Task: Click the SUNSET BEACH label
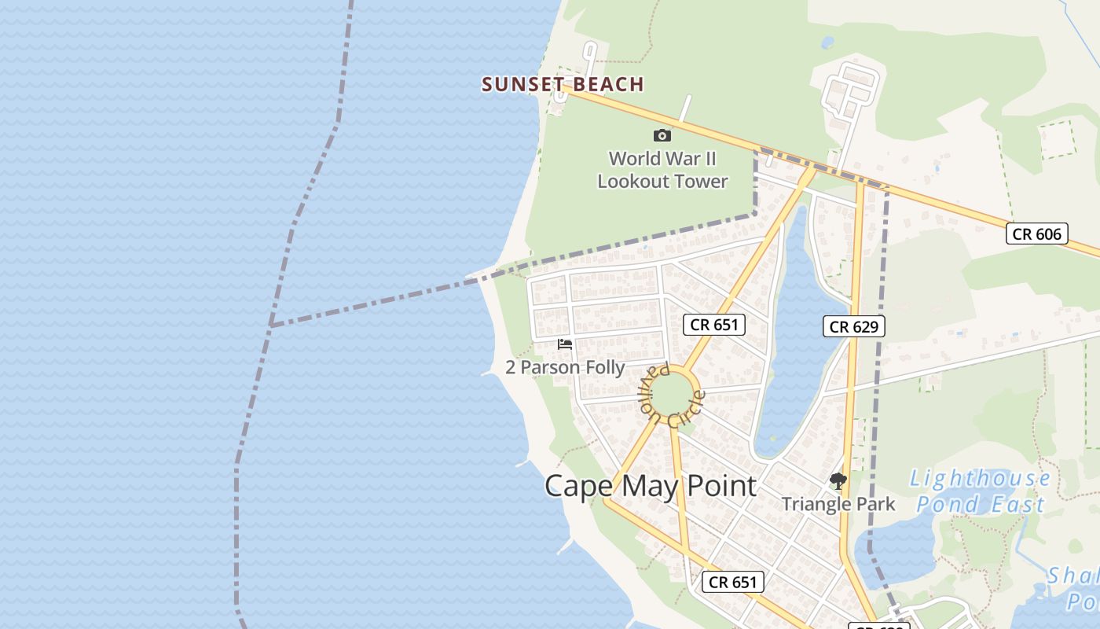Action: [563, 84]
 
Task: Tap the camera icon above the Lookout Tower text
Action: [662, 135]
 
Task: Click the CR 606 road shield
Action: [1036, 234]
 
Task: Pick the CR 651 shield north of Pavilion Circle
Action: [713, 324]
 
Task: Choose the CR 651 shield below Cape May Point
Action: [732, 582]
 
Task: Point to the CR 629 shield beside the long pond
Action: [854, 326]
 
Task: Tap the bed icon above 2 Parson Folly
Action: [565, 344]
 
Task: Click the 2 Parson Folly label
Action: [565, 367]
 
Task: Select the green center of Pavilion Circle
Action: [673, 395]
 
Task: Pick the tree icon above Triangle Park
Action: [838, 481]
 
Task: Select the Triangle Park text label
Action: [838, 504]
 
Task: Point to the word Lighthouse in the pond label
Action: [980, 478]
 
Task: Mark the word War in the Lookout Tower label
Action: [672, 158]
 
